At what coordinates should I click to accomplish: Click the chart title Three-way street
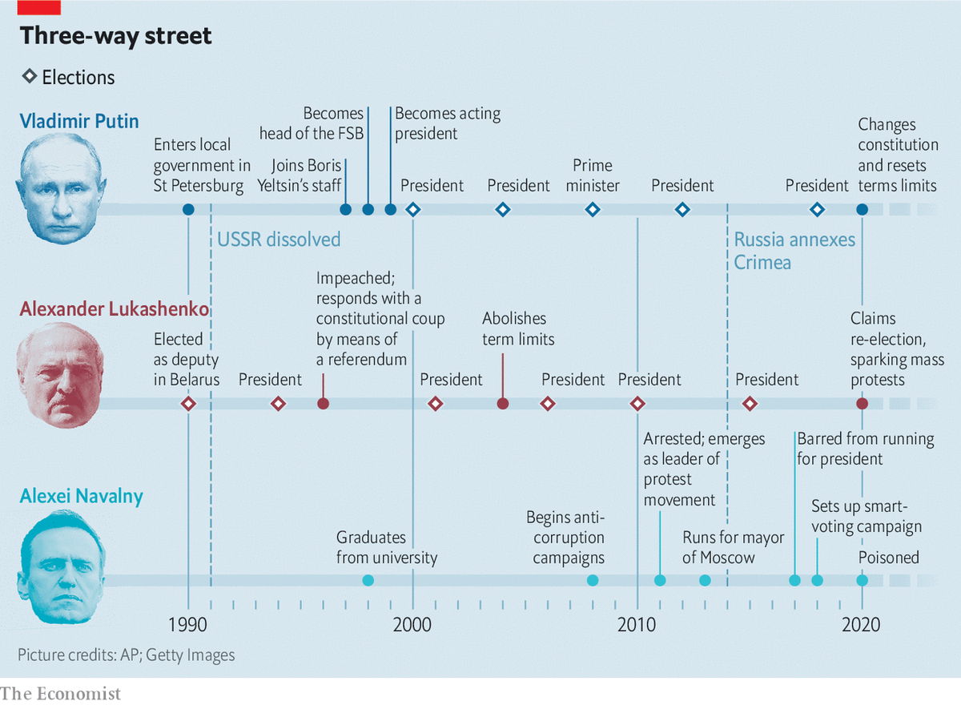click(x=116, y=36)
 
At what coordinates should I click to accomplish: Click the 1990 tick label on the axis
click(x=187, y=623)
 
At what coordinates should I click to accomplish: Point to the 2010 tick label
click(x=637, y=623)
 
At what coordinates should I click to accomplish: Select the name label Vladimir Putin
click(x=79, y=121)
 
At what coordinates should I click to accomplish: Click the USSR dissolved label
click(x=279, y=239)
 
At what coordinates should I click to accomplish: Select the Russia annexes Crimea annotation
click(x=794, y=251)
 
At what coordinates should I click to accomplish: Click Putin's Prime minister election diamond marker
click(x=593, y=209)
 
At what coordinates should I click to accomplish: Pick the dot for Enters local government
click(x=188, y=209)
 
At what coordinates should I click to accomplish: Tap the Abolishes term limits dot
click(x=502, y=404)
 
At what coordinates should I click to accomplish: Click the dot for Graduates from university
click(x=368, y=580)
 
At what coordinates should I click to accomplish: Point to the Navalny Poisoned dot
click(x=862, y=580)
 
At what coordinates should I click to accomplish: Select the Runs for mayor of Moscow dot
click(x=705, y=580)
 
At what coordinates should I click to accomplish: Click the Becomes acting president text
click(x=447, y=123)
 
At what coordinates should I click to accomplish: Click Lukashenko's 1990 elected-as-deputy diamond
click(x=188, y=404)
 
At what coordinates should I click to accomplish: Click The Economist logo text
click(x=61, y=693)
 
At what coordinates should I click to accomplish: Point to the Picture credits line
click(x=127, y=655)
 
